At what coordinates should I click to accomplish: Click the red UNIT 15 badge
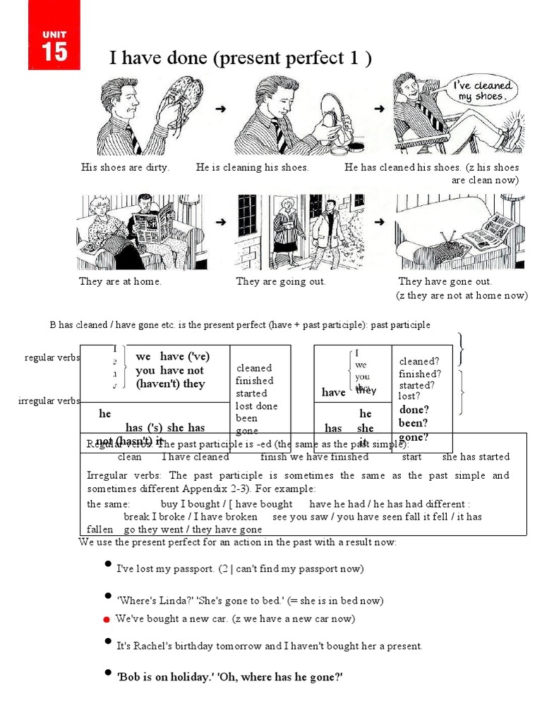point(54,44)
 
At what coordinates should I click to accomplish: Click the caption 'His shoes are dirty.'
point(125,168)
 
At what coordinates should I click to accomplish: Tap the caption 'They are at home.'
point(120,281)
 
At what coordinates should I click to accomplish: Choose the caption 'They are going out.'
point(281,281)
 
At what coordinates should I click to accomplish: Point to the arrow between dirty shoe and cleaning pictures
point(221,109)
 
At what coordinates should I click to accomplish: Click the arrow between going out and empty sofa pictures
point(380,221)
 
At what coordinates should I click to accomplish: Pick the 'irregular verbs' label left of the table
point(49,401)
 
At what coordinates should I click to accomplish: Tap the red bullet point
point(106,620)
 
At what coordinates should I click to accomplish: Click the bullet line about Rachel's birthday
point(269,645)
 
